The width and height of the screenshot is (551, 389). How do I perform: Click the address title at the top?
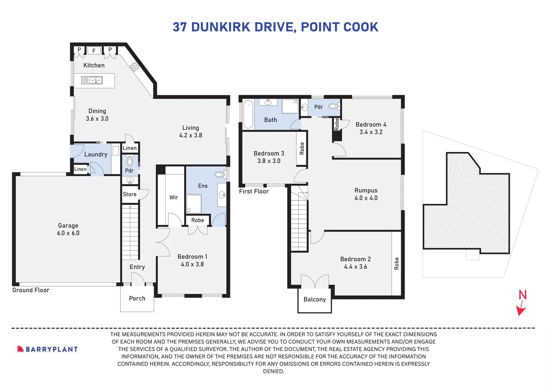point(275,27)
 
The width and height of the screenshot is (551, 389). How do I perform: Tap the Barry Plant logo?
point(48,349)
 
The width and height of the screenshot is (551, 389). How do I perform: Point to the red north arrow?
point(521,309)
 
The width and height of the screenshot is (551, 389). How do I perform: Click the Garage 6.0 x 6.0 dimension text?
point(68,233)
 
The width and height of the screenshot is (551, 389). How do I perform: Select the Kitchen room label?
point(94,65)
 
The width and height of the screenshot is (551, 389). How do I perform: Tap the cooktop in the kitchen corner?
point(135,66)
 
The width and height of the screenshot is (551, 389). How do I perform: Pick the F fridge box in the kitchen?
point(94,50)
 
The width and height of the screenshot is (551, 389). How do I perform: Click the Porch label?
point(137,298)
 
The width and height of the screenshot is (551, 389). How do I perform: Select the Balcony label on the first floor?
point(315,299)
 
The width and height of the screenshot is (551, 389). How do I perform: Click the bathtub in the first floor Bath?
point(248,115)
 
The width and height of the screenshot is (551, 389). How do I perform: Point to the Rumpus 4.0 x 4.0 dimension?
point(366,198)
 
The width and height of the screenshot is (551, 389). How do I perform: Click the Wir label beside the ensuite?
point(173,197)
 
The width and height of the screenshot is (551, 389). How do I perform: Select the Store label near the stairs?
point(130,194)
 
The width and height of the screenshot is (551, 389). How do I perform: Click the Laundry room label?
point(96,154)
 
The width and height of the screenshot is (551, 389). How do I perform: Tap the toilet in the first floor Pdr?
point(334,106)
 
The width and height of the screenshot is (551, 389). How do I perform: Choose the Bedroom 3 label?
point(269,153)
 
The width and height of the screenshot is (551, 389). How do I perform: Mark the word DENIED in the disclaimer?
point(274,371)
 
